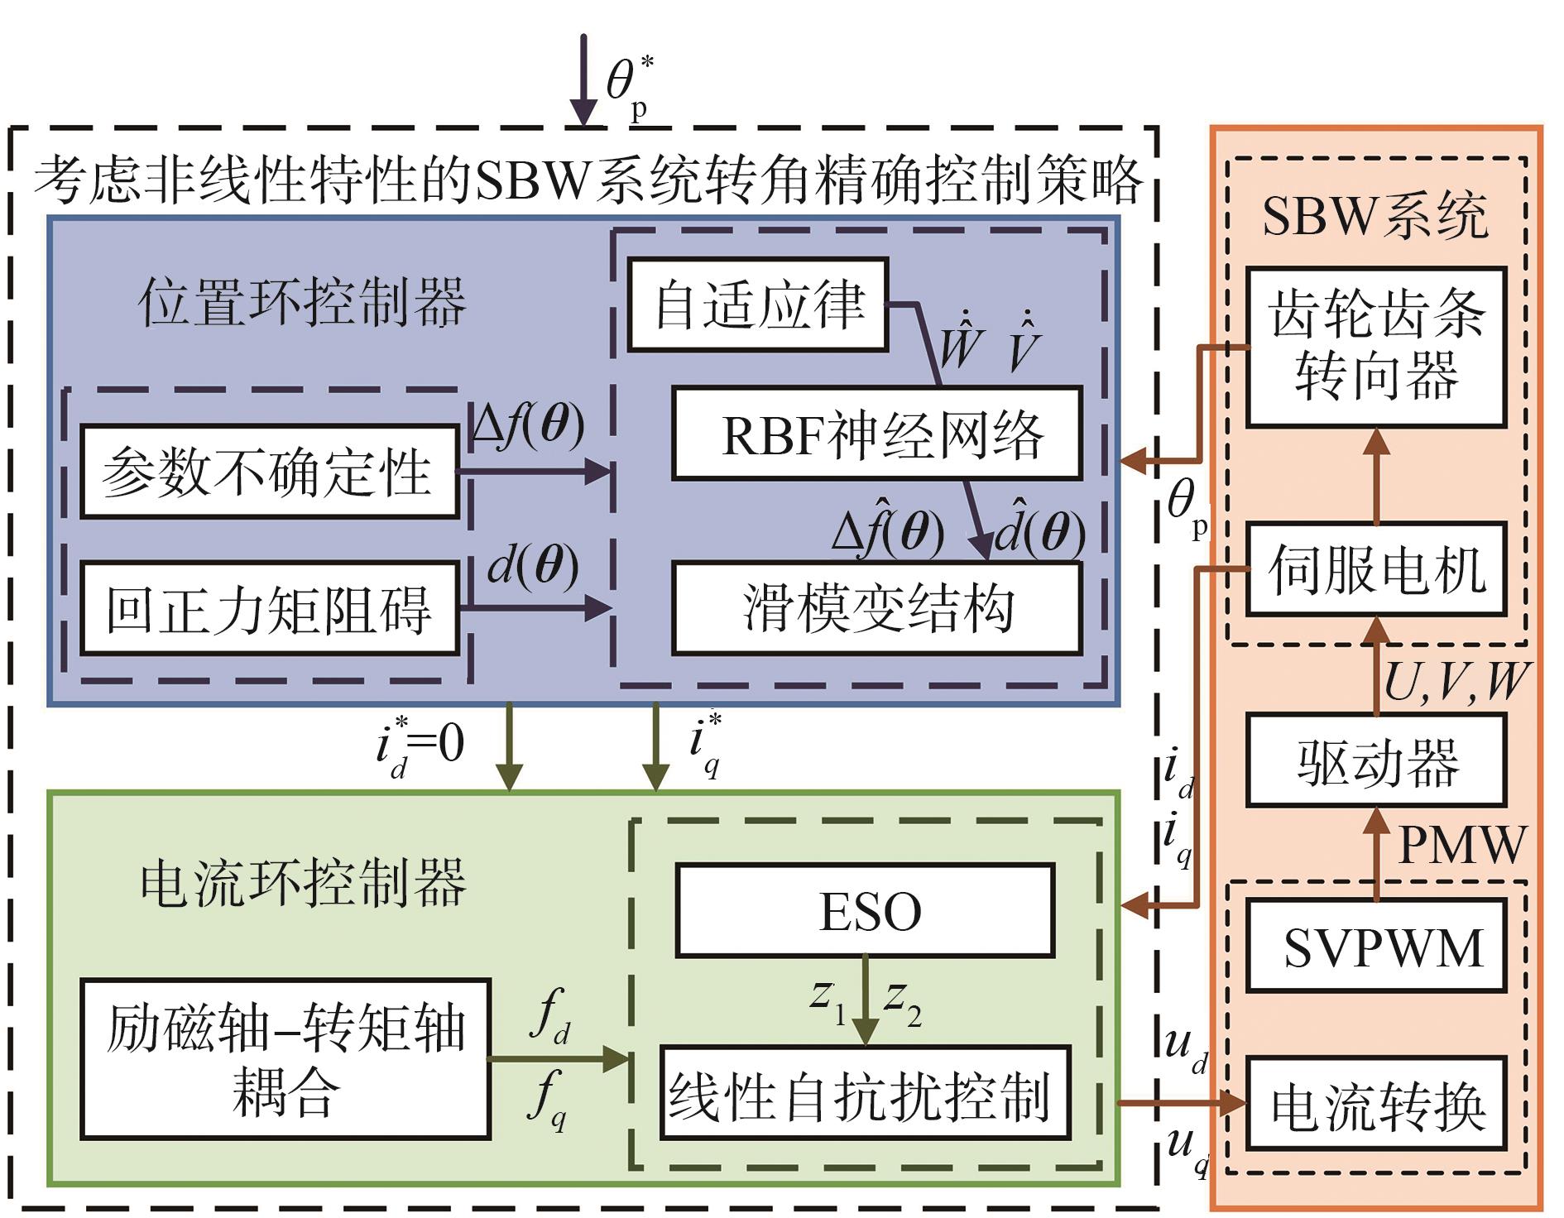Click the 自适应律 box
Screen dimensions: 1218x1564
(757, 304)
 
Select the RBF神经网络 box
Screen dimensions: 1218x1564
(877, 434)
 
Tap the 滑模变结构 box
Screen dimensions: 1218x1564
(877, 608)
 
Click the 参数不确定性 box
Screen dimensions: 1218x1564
(269, 472)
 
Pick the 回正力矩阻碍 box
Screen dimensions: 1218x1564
(269, 609)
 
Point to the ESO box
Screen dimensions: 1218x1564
(865, 910)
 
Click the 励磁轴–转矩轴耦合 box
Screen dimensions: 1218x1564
(285, 1059)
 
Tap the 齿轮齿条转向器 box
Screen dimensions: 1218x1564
(1376, 347)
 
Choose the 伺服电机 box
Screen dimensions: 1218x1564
(1376, 569)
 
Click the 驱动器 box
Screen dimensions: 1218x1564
(1376, 760)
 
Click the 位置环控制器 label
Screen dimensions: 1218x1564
(302, 302)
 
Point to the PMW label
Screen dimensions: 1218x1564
(1461, 844)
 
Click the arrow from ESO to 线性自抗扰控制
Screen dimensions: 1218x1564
(865, 1000)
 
